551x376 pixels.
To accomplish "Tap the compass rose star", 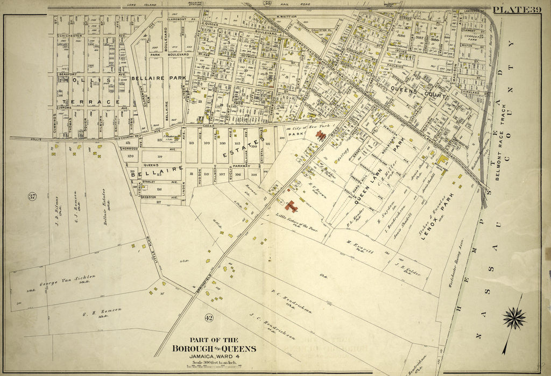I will click(x=514, y=317).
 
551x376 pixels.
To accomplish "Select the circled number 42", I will click(x=209, y=318).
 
